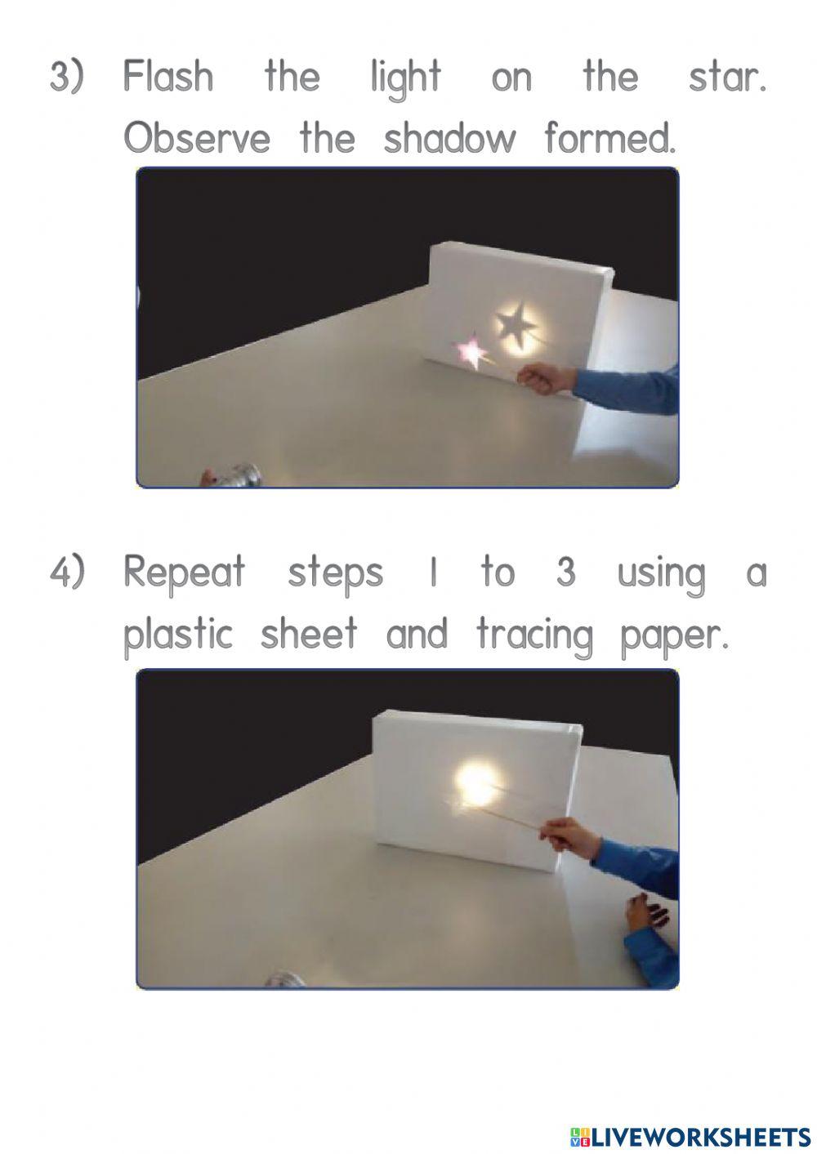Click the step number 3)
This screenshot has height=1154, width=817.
[67, 78]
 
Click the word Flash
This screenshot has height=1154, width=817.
[168, 78]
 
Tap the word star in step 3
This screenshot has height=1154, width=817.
[726, 78]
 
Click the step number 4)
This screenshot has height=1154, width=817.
[67, 573]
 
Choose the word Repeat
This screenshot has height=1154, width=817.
[184, 573]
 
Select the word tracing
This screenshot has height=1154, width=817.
[534, 634]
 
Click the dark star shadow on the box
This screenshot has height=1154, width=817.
[514, 324]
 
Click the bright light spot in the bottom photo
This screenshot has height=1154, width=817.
[471, 777]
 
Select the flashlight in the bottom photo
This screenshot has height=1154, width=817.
[283, 979]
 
